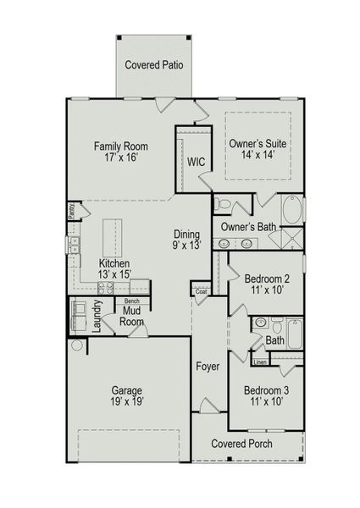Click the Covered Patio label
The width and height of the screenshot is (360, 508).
click(x=154, y=65)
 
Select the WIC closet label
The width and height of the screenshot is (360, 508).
click(x=197, y=162)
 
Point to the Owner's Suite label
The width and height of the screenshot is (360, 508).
click(x=258, y=145)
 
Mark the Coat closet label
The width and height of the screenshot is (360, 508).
click(x=201, y=291)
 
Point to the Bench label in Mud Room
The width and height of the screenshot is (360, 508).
click(x=131, y=301)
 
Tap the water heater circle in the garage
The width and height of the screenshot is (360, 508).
click(x=77, y=345)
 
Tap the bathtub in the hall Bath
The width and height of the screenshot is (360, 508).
click(x=295, y=334)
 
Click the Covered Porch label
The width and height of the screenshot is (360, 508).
click(x=247, y=443)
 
